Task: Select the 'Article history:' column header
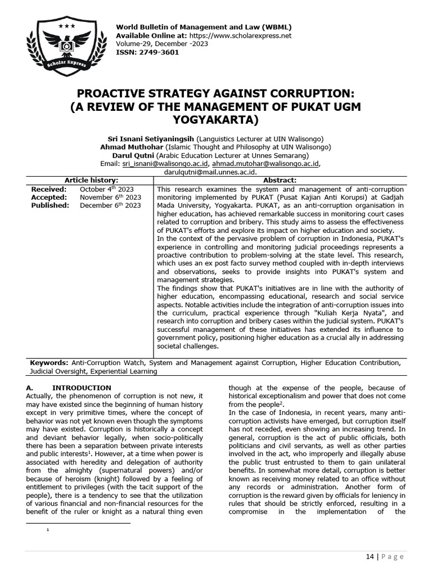pos(91,180)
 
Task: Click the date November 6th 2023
pos(110,197)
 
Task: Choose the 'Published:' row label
pos(50,206)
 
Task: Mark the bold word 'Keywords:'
pos(49,363)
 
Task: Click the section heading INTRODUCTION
pos(82,388)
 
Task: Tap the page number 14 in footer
pos(370,556)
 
